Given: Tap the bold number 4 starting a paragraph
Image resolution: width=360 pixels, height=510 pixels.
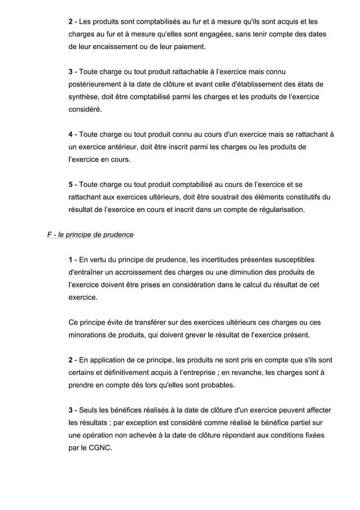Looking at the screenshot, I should click(71, 134).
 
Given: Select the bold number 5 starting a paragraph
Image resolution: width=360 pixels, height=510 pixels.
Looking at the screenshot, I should click(71, 185).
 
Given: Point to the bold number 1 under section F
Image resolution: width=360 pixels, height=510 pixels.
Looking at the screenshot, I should click(71, 260).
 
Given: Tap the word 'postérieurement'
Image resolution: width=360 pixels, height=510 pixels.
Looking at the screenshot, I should click(93, 85).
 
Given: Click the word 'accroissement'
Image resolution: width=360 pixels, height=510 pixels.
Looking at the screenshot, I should click(135, 272).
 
